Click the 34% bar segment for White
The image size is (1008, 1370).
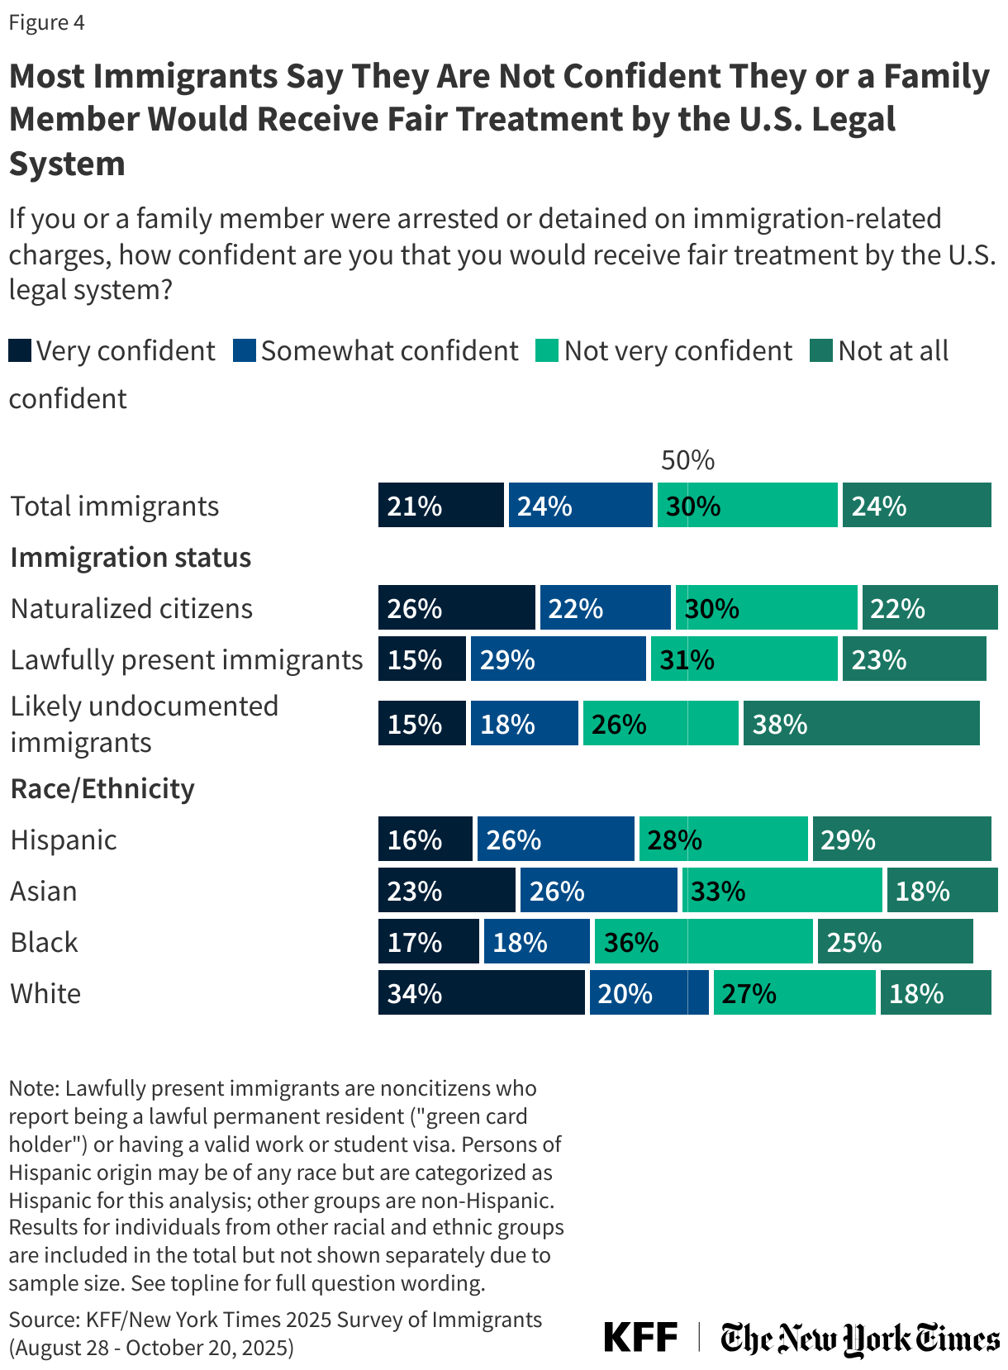pos(481,992)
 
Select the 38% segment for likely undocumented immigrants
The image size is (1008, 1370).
pos(861,723)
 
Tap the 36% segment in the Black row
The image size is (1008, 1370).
pos(703,941)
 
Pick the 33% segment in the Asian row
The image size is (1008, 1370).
pos(782,890)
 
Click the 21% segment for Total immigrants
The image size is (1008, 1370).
pos(440,505)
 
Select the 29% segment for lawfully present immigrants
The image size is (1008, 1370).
pos(558,659)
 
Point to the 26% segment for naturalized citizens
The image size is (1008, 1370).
pos(456,607)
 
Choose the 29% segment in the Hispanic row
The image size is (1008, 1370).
pos(901,839)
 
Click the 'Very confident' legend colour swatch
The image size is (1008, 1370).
pos(20,350)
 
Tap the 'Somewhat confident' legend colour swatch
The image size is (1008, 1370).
pos(245,350)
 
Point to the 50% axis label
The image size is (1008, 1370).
pos(687,460)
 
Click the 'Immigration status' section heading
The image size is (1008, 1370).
pos(131,557)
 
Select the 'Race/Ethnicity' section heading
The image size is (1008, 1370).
pos(102,788)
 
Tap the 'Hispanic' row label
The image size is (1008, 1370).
pos(64,840)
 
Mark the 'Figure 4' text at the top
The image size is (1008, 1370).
pos(46,22)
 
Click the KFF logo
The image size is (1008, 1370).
pos(640,1337)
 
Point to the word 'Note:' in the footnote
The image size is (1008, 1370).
pos(34,1088)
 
